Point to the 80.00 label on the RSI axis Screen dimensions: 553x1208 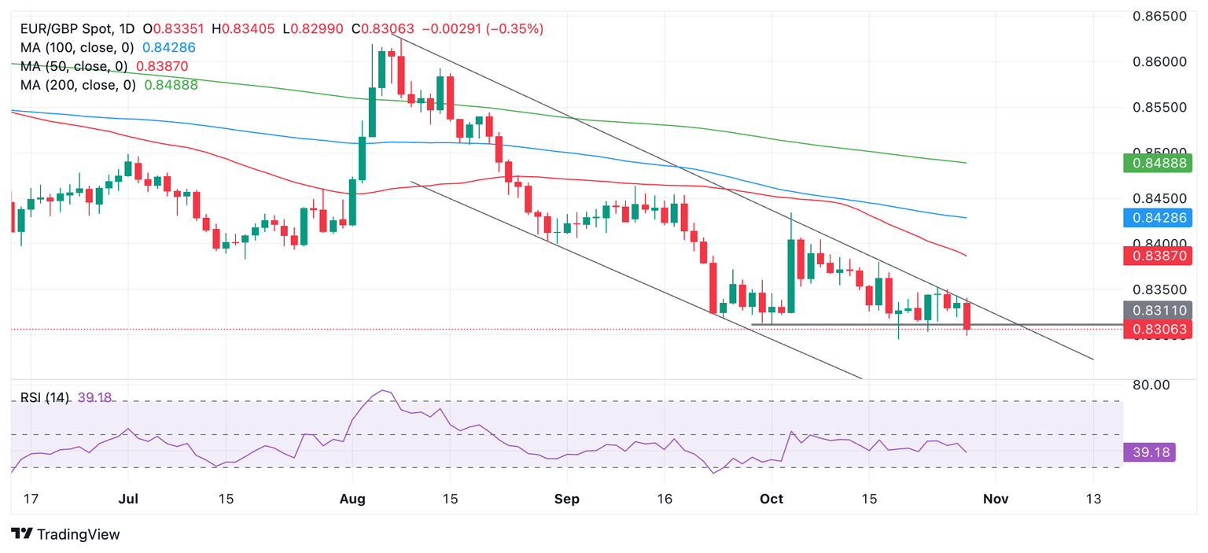tap(1152, 385)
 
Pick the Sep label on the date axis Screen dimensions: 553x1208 tap(566, 499)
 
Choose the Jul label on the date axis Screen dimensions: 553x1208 tap(127, 499)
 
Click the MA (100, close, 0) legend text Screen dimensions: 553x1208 tap(77, 47)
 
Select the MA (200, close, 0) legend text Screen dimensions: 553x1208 tap(77, 85)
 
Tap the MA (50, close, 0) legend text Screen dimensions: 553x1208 tap(73, 66)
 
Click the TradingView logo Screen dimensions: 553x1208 tap(66, 534)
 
